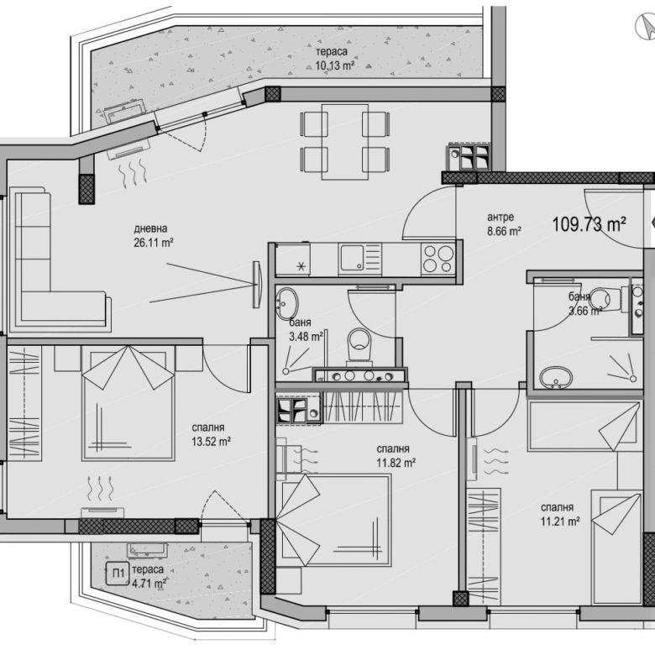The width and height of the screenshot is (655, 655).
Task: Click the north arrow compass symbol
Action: point(645,26)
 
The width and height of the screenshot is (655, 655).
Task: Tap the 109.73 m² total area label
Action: point(589,225)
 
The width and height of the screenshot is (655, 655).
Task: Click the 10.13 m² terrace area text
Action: point(335,65)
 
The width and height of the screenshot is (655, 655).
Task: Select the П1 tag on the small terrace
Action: point(118,574)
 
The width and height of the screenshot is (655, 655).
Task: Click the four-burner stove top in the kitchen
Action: point(438,259)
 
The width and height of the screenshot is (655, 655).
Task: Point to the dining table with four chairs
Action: point(344,142)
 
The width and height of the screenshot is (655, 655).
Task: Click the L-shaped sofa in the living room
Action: point(59,259)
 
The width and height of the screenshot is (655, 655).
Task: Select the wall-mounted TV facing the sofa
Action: point(256,285)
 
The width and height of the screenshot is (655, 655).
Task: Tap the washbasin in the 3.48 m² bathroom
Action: point(286,302)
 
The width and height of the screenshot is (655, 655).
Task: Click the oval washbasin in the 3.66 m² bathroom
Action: point(556,378)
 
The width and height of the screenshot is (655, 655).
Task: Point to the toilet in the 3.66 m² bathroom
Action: point(606,299)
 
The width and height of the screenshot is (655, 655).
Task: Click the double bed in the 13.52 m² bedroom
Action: point(128,403)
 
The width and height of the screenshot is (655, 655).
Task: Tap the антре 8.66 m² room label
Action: point(504,224)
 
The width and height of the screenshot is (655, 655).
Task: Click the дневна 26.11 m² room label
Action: point(154,236)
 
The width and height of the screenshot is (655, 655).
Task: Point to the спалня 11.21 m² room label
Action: point(560,514)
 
